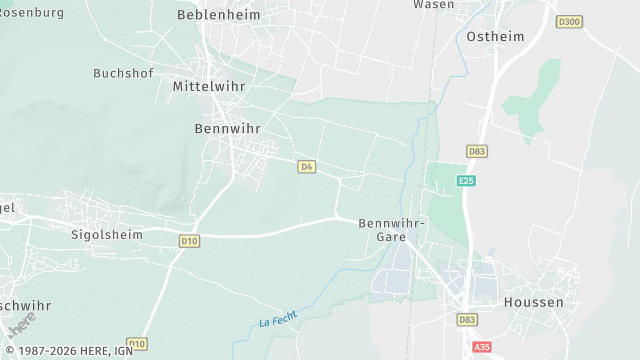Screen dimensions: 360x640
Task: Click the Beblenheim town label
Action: pos(218,15)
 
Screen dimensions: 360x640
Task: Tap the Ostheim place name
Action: pos(496,36)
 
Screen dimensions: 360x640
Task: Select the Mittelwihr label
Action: pos(210,86)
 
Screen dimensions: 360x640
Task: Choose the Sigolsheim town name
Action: pos(107,235)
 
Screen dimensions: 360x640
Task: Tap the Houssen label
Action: pos(533,301)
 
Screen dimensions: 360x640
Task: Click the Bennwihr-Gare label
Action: pos(392,230)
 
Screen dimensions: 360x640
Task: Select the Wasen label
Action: pos(433,5)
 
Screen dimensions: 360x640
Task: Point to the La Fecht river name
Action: pos(278,318)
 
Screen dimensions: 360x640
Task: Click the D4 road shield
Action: pos(307,166)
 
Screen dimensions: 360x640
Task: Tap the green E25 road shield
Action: pos(466,181)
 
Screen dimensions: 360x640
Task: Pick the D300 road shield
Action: pos(570,21)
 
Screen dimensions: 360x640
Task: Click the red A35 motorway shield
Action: pos(481,347)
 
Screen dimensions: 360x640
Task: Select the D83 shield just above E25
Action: pos(477,151)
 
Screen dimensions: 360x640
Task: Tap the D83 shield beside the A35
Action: pos(467,320)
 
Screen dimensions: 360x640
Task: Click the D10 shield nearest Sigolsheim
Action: pos(190,240)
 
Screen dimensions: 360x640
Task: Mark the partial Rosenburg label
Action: pos(31,13)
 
